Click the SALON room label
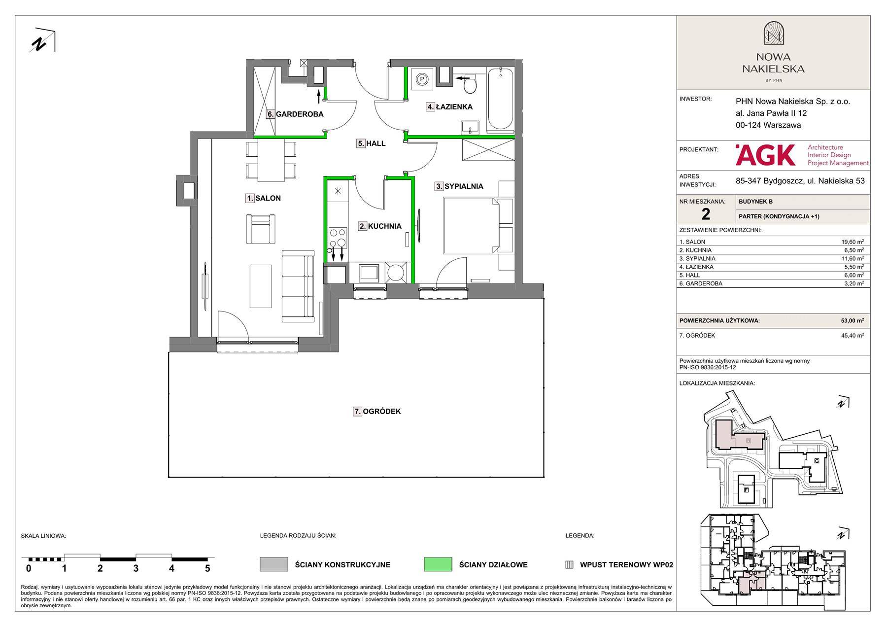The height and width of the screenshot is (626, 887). [x=268, y=198]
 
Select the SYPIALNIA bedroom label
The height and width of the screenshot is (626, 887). [x=464, y=186]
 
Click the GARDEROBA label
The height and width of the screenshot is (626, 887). [x=300, y=114]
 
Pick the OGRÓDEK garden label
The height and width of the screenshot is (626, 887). [x=382, y=411]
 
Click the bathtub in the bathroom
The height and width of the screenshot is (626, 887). [x=500, y=100]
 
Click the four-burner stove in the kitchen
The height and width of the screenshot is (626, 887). [x=338, y=239]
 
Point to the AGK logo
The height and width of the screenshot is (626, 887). [x=765, y=155]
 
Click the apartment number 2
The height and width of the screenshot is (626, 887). [x=706, y=214]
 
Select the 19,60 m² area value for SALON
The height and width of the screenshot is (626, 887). [x=853, y=242]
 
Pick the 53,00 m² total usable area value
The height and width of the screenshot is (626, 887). [x=853, y=320]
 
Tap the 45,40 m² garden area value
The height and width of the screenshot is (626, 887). [x=853, y=336]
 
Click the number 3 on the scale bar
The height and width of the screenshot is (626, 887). [x=136, y=568]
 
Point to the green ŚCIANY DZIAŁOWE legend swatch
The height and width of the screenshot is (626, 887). [x=438, y=565]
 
